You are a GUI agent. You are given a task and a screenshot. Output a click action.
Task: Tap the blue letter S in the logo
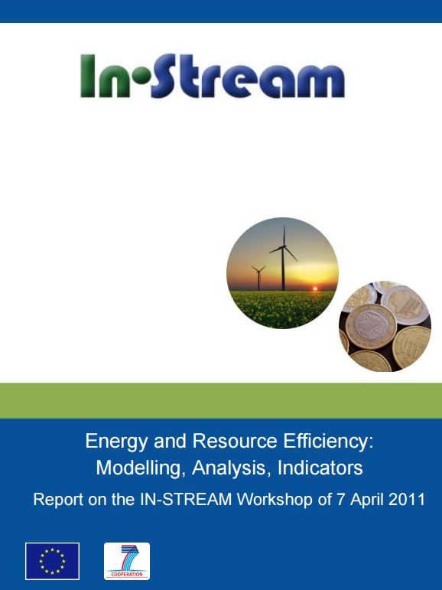[x=163, y=75]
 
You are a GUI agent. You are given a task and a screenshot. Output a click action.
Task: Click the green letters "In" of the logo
[x=106, y=76]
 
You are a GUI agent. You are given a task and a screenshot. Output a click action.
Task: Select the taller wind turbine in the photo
[x=284, y=258]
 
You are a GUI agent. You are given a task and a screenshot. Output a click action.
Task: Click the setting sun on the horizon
[x=315, y=288]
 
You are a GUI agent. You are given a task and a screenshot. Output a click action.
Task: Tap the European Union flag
[x=52, y=561]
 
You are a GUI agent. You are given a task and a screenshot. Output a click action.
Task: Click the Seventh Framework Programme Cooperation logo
[x=127, y=561]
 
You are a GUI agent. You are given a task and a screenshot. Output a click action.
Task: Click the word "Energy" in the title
[x=116, y=442]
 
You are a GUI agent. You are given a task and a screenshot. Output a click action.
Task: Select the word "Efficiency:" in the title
[x=328, y=442]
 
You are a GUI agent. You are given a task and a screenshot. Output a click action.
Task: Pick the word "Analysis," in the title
[x=232, y=468]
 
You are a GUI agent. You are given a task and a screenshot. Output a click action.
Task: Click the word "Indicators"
[x=320, y=468]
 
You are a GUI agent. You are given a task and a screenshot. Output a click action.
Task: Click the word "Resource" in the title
[x=235, y=442]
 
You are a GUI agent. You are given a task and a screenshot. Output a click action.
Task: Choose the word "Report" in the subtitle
[x=58, y=500]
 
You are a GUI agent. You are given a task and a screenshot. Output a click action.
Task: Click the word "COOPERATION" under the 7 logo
[x=127, y=574]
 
